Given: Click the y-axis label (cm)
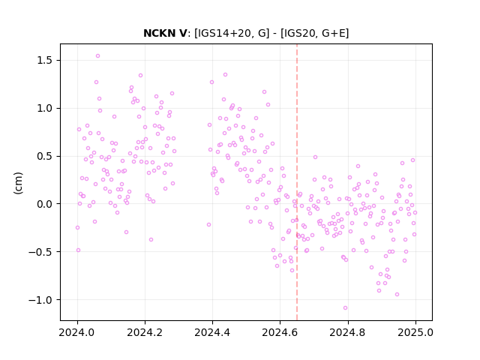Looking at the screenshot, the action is click(x=18, y=183).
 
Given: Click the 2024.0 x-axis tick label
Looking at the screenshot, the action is click(x=77, y=332).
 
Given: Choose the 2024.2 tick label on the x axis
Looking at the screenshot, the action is click(x=145, y=332).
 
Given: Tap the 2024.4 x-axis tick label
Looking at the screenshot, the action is click(x=212, y=332).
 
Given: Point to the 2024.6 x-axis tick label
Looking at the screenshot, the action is click(x=280, y=332).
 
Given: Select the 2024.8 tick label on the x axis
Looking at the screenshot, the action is click(x=348, y=332).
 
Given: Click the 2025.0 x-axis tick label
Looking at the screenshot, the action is click(x=415, y=332).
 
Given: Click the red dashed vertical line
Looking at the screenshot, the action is click(x=297, y=182).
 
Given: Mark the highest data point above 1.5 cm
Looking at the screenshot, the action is click(x=98, y=56).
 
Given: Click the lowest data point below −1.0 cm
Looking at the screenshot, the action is click(x=345, y=308).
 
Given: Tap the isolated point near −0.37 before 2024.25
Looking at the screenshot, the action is click(x=151, y=240).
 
